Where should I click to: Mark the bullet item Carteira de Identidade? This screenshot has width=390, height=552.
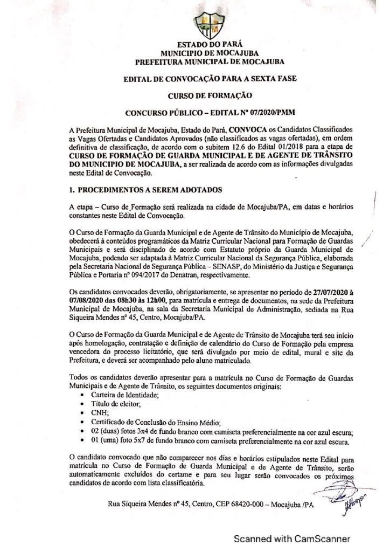116,396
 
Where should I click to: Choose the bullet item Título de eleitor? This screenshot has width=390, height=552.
108,404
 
